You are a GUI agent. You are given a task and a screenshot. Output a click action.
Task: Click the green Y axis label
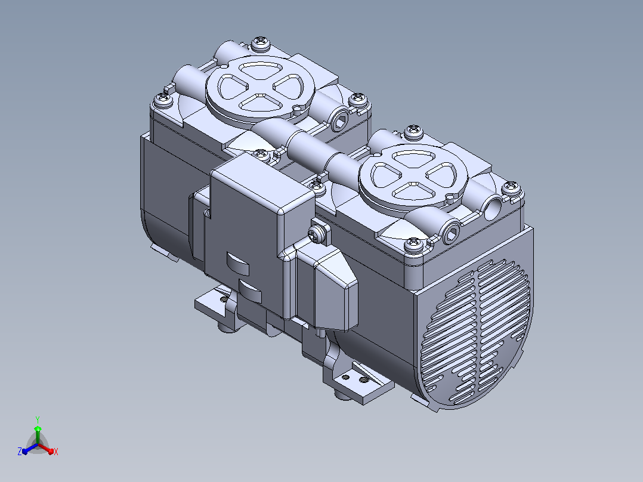coord(38,419)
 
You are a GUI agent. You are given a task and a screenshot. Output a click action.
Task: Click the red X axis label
coord(56,452)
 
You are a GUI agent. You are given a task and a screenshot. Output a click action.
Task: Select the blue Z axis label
coord(20,452)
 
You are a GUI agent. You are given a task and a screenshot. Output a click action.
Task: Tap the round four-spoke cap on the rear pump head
coord(260,88)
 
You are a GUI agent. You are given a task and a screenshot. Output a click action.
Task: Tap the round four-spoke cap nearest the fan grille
coord(413,177)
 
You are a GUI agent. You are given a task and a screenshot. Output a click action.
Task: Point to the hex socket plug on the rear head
coord(339,119)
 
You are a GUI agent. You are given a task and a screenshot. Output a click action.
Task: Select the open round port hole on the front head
coord(493,208)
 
